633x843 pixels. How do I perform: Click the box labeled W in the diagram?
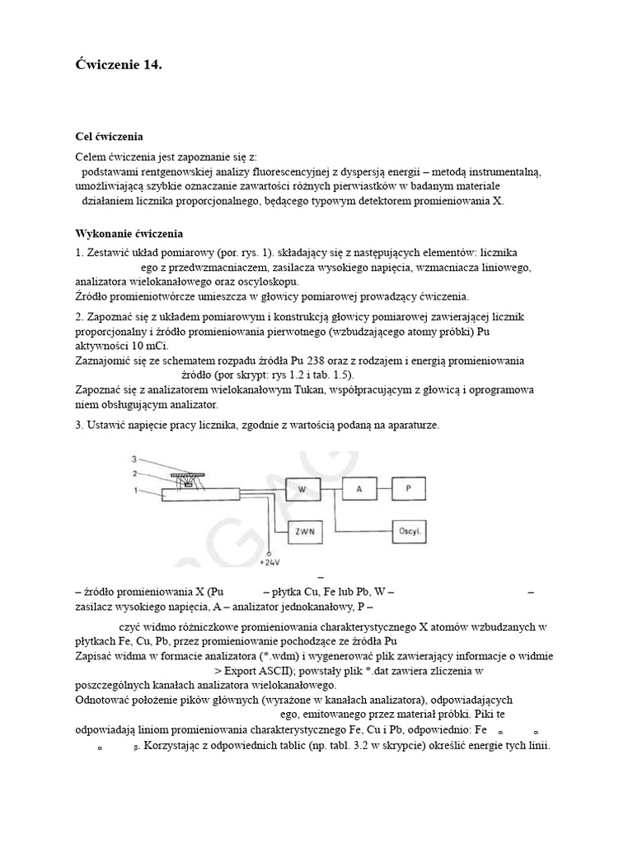coord(302,489)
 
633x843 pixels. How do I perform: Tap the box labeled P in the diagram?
coord(410,489)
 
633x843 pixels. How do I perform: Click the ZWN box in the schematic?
coord(302,531)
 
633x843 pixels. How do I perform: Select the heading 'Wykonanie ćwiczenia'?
coord(129,233)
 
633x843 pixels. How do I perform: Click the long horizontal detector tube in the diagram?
coord(202,492)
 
